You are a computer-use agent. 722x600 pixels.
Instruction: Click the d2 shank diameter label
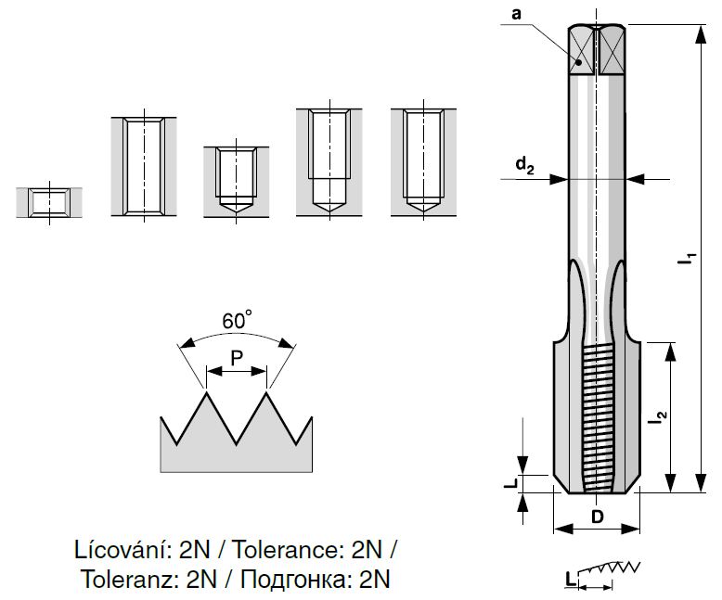(x=526, y=166)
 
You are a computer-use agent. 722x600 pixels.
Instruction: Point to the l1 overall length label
(x=688, y=261)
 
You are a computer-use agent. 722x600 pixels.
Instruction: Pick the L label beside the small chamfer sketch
(x=569, y=579)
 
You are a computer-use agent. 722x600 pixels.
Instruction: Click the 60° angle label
(x=238, y=322)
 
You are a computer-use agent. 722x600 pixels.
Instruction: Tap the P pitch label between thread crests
(x=237, y=355)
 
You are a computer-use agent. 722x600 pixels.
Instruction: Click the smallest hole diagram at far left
(x=49, y=201)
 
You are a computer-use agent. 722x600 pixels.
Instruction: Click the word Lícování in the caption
(x=116, y=549)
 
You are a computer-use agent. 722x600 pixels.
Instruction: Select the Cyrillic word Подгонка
(x=294, y=580)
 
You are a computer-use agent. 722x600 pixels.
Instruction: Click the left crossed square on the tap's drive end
(x=582, y=52)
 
